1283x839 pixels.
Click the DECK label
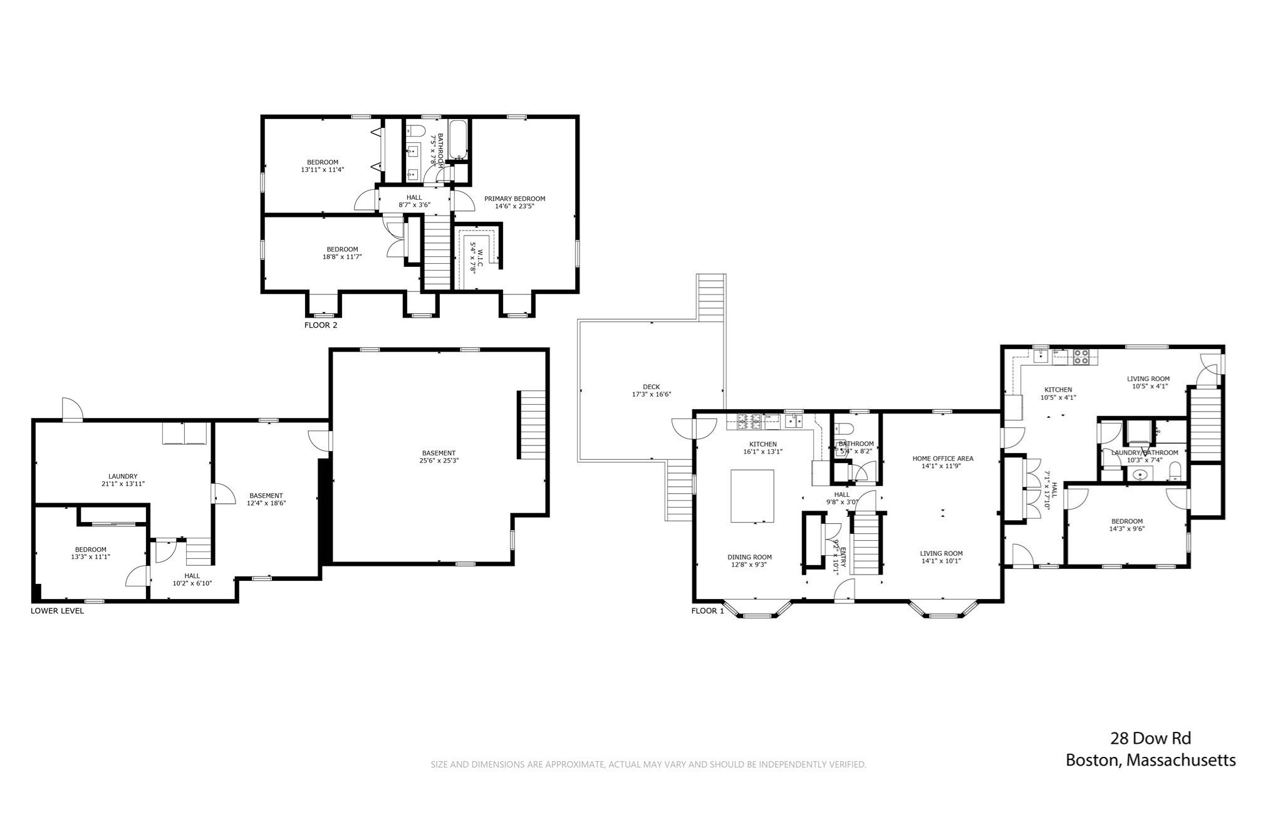tap(651, 387)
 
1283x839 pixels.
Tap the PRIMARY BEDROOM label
tap(514, 199)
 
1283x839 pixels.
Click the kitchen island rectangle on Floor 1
tap(752, 496)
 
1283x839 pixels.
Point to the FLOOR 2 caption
tap(321, 325)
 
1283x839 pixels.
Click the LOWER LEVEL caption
tap(57, 611)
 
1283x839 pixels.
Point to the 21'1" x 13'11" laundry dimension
tap(123, 484)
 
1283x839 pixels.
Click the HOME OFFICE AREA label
tap(943, 458)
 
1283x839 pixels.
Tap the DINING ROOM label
tap(749, 557)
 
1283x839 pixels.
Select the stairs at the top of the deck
tap(712, 298)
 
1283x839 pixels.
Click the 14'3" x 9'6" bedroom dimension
tap(1127, 529)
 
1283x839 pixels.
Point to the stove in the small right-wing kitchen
tap(1081, 357)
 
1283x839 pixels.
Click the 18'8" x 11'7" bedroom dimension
tap(342, 256)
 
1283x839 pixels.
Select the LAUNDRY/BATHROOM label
tap(1145, 452)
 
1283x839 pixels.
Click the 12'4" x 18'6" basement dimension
tap(266, 503)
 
